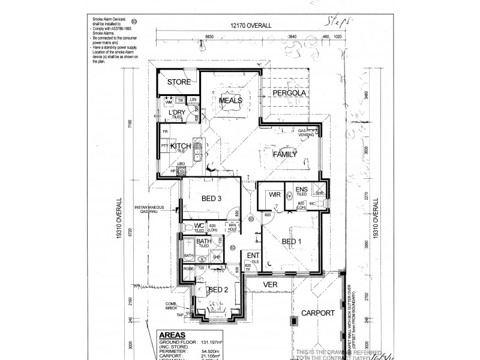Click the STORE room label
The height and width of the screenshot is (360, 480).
179,82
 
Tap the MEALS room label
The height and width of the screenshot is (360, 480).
230,101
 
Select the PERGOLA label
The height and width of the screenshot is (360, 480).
290,94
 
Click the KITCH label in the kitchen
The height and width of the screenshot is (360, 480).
181,146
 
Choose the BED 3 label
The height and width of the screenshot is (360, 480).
212,199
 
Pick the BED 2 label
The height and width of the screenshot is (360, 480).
218,290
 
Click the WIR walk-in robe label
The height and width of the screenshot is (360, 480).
275,194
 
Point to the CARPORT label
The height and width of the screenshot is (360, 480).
318,313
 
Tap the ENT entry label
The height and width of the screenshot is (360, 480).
253,256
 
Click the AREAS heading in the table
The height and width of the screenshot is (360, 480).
171,335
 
